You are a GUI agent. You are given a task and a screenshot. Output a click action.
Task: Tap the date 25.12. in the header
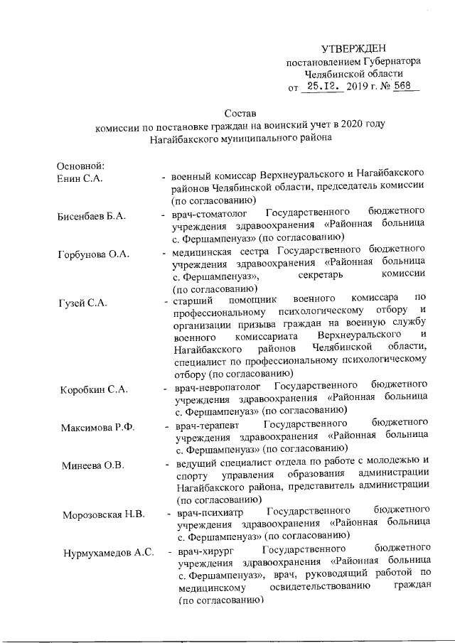pyautogui.click(x=321, y=87)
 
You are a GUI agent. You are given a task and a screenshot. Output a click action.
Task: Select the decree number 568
pyautogui.click(x=407, y=87)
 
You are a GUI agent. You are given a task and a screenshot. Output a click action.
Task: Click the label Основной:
pyautogui.click(x=81, y=166)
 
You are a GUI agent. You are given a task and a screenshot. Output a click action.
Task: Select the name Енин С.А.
pyautogui.click(x=80, y=178)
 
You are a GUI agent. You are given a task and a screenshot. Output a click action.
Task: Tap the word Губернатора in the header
pyautogui.click(x=392, y=62)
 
